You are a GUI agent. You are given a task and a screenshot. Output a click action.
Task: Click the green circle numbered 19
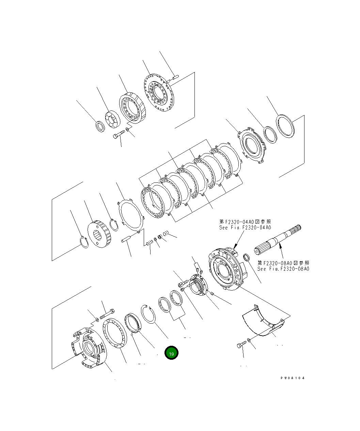pos(171,354)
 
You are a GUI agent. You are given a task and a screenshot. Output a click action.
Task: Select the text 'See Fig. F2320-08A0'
pos(283,269)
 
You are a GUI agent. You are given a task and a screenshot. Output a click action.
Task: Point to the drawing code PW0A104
pos(293,378)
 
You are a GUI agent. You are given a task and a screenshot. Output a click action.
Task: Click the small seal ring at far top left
pos(100,127)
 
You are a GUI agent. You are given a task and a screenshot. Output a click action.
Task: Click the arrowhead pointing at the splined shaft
pos(279,243)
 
